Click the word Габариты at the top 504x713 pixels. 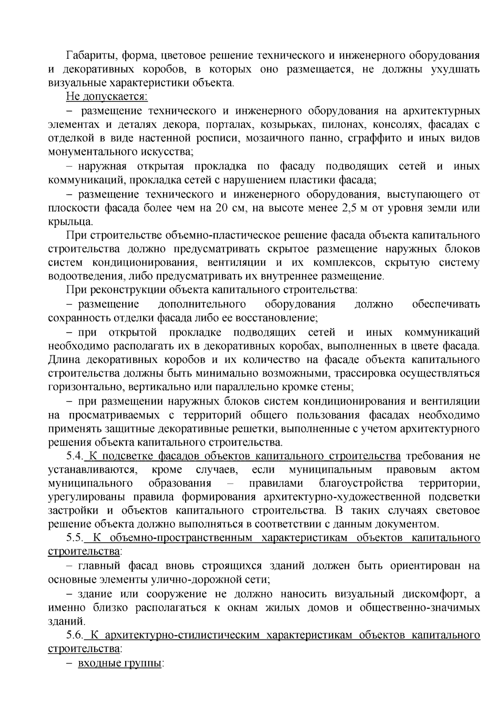coord(88,55)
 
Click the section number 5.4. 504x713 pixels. coord(75,457)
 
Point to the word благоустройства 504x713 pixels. coord(361,484)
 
